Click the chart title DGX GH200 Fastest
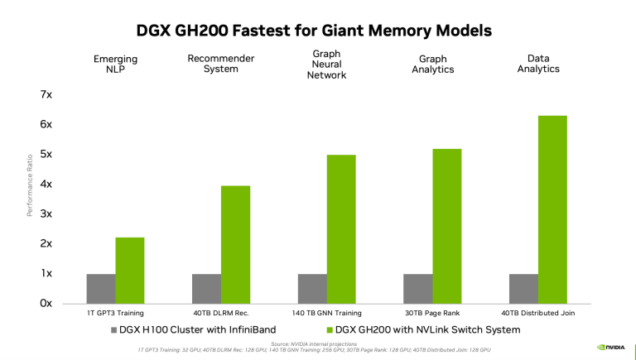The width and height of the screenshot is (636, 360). click(x=314, y=30)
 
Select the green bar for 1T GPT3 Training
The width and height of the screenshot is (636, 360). click(x=130, y=270)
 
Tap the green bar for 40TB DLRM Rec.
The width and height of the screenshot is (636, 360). click(x=235, y=244)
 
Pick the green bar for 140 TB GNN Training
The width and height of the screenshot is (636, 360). click(x=341, y=228)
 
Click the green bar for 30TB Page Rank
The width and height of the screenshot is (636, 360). click(x=447, y=226)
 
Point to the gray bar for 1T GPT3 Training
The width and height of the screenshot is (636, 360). click(x=101, y=288)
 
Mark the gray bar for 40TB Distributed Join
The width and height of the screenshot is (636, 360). click(x=523, y=288)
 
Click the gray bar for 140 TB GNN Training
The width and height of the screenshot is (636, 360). click(x=312, y=288)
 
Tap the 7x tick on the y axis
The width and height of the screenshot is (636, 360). click(x=46, y=94)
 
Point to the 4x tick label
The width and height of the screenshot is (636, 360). click(x=46, y=184)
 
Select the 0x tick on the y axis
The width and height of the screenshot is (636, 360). click(x=46, y=303)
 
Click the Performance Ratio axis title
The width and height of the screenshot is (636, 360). click(x=30, y=184)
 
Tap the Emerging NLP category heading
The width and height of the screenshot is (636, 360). click(x=114, y=64)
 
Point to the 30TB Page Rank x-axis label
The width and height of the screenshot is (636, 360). click(x=432, y=313)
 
